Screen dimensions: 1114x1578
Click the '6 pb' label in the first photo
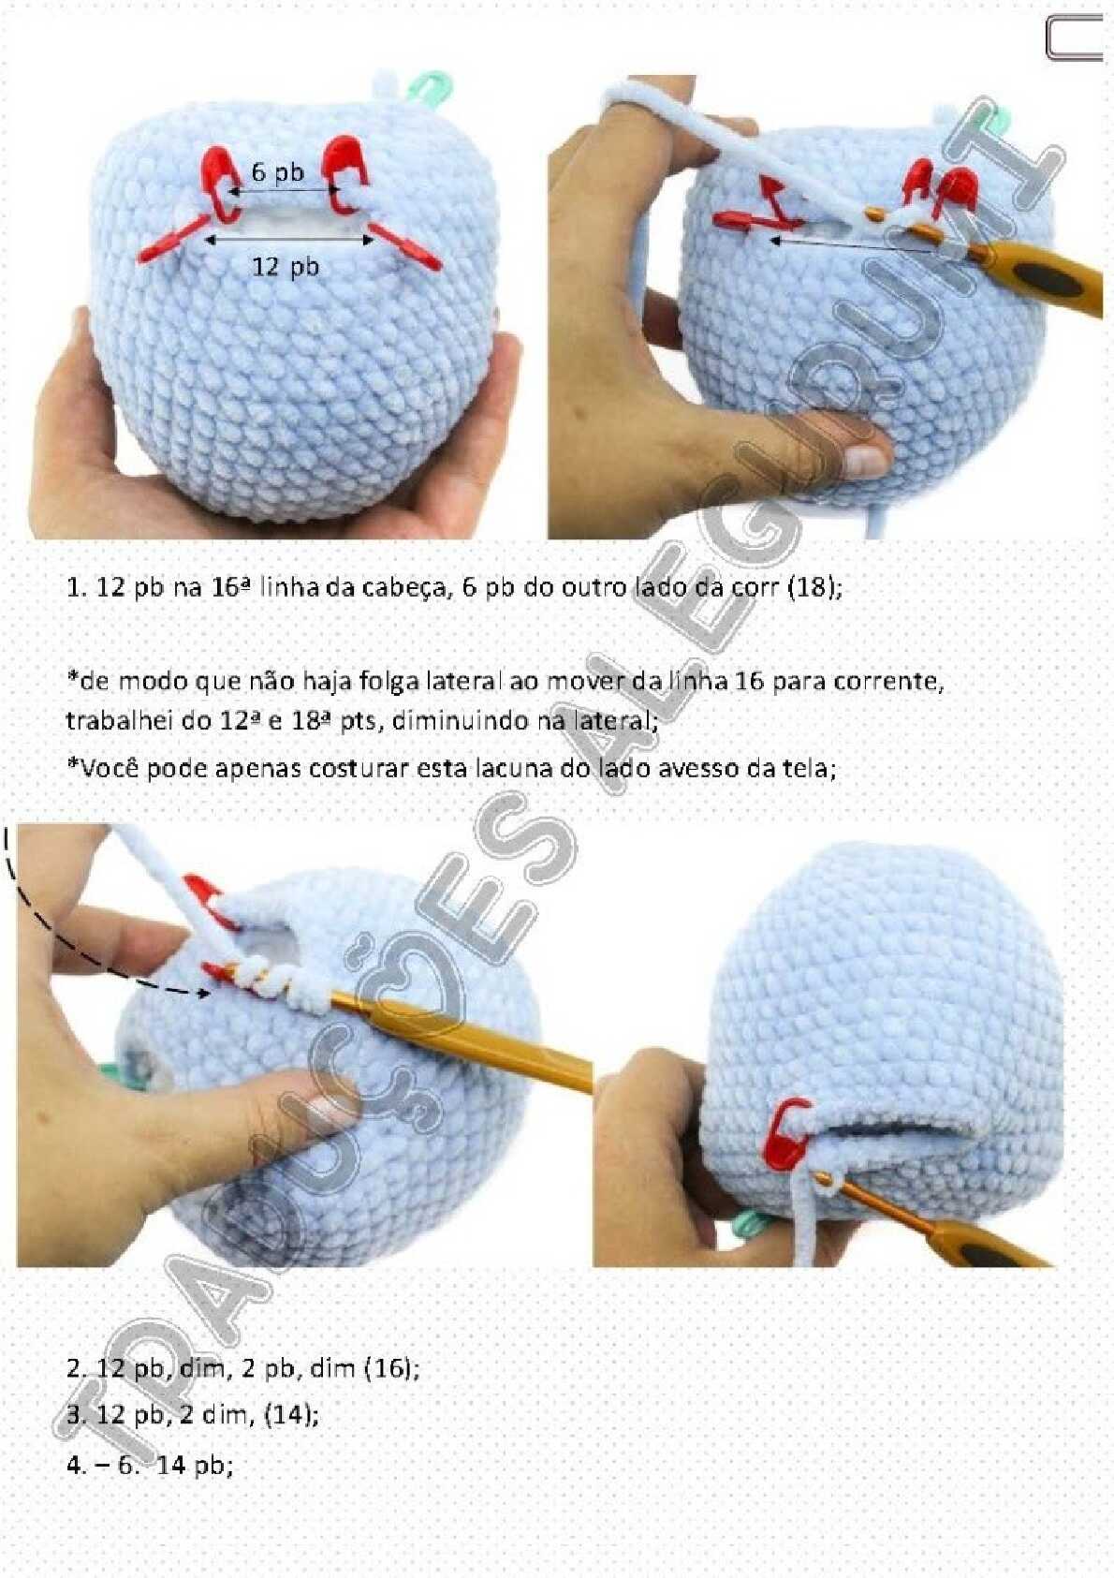pos(277,171)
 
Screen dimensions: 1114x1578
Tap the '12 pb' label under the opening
pos(286,266)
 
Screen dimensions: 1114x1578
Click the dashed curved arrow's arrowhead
pos(203,994)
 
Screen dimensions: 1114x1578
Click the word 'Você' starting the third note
pos(95,767)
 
